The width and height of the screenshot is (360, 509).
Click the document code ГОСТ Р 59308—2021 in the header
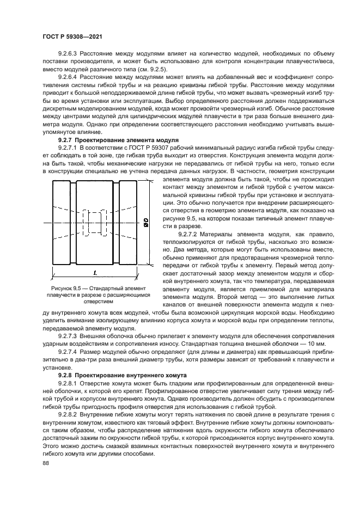[72, 37]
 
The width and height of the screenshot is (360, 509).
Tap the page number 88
[45, 463]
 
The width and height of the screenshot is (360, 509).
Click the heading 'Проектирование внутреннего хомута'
[123, 375]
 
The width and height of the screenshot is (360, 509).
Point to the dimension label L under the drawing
[96, 272]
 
